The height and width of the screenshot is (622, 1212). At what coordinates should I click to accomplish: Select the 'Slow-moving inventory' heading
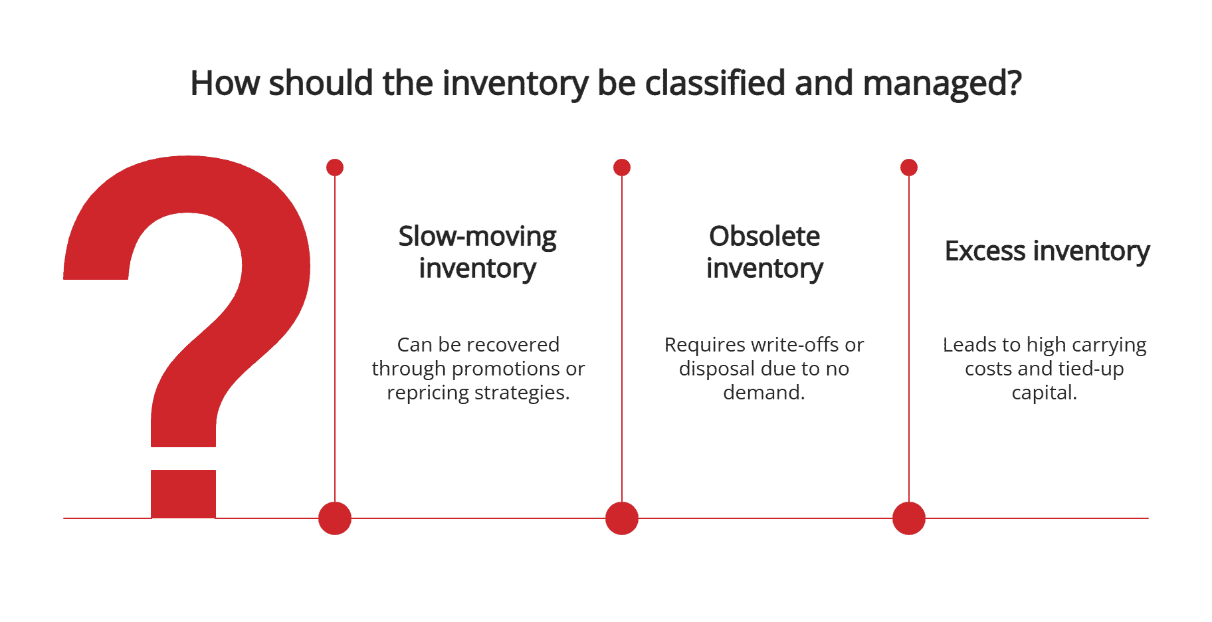click(477, 253)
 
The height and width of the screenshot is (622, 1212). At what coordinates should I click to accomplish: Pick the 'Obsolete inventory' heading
click(764, 253)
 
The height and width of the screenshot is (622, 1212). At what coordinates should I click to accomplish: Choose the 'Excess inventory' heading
click(1047, 251)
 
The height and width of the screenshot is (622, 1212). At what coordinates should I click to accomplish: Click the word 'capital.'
click(1044, 393)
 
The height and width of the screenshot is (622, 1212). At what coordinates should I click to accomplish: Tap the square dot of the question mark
click(183, 493)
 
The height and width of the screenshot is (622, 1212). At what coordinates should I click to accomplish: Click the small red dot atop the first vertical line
click(335, 167)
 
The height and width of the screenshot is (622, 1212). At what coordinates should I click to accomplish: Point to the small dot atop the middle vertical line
click(622, 167)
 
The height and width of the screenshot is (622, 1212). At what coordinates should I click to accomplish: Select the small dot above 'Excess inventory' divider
click(909, 167)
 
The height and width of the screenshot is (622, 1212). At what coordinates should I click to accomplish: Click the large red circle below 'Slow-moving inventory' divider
click(335, 518)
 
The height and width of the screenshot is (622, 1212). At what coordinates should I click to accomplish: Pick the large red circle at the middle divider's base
click(622, 518)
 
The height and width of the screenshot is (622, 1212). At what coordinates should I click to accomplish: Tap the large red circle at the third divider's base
click(909, 518)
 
